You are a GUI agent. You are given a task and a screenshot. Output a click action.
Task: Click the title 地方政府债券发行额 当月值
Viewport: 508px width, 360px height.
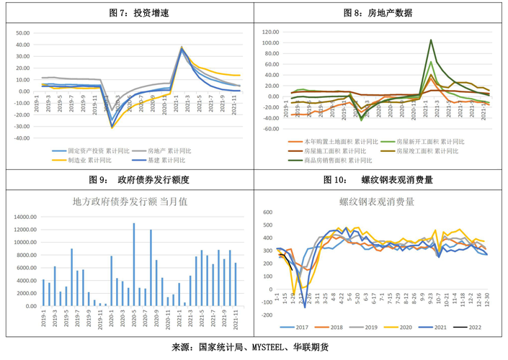[x=130, y=202]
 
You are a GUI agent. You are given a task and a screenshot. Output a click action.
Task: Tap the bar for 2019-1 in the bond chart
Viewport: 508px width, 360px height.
[x=43, y=292]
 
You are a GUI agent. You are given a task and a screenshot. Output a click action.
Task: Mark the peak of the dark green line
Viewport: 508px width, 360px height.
[x=431, y=40]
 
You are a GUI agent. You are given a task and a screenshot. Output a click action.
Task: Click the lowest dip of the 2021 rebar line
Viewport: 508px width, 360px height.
[x=304, y=307]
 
